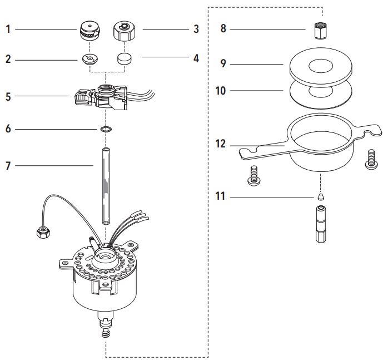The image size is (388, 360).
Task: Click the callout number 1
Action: click(x=8, y=29)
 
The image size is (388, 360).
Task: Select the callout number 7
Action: click(x=8, y=165)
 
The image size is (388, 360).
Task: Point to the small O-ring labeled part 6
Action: click(x=106, y=129)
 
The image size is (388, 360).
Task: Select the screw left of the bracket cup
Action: click(x=253, y=176)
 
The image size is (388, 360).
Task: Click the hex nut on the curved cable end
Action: click(x=43, y=232)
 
